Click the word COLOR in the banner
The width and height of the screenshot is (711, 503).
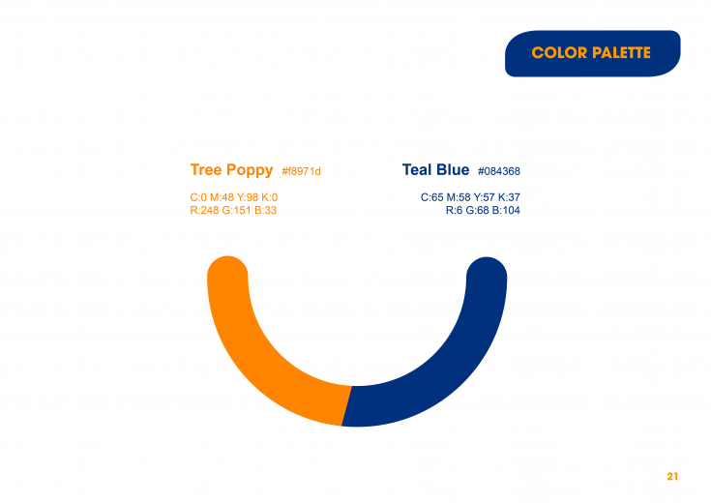[x=559, y=52]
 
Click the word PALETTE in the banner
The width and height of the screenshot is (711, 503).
[x=621, y=52]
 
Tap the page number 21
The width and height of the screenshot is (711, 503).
[x=672, y=476]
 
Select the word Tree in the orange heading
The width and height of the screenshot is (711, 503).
[x=206, y=169]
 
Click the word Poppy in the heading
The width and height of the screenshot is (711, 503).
[x=250, y=170]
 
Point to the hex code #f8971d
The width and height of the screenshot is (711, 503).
[x=301, y=171]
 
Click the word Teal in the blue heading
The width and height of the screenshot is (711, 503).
[x=417, y=169]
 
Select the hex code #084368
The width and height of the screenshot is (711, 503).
[x=499, y=171]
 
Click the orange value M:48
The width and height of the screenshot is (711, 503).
[x=222, y=197]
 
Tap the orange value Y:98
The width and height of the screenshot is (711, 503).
[x=248, y=197]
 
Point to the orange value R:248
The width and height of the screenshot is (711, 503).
[x=204, y=210]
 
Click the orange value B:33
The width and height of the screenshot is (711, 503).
[x=265, y=210]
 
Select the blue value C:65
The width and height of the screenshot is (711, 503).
[x=432, y=197]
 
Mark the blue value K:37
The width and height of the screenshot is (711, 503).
[x=509, y=197]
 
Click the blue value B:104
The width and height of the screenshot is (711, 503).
[x=506, y=210]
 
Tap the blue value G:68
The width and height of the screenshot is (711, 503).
[x=478, y=210]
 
